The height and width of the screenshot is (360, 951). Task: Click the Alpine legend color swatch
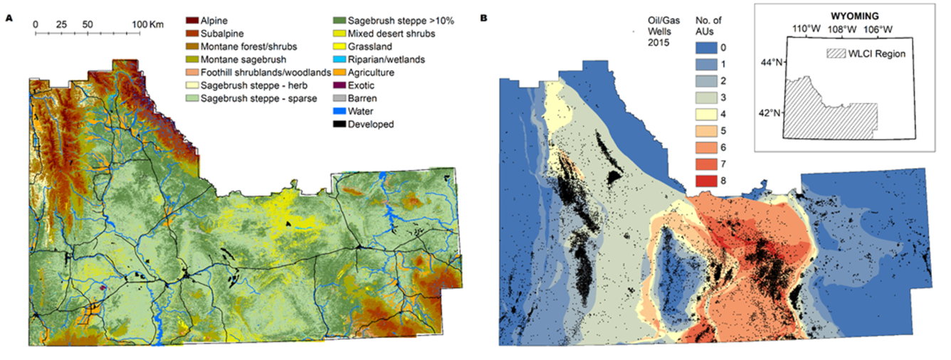[x=190, y=21]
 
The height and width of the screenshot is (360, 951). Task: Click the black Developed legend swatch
[x=190, y=125]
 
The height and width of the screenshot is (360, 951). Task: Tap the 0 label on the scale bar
[x=36, y=24]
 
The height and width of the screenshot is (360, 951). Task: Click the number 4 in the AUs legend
[x=735, y=115]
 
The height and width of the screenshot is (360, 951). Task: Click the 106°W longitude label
[x=877, y=29]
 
